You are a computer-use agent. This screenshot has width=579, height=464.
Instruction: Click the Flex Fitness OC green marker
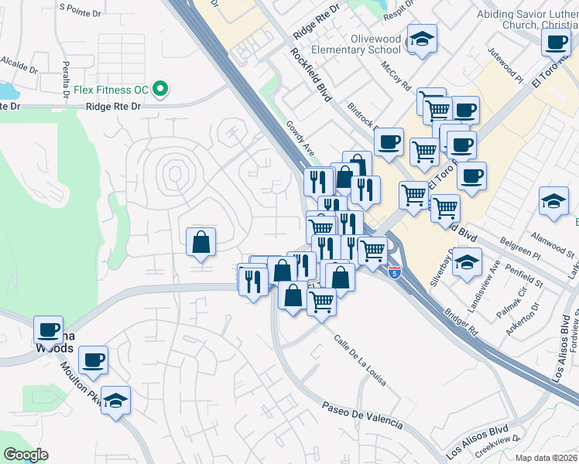coord(161,90)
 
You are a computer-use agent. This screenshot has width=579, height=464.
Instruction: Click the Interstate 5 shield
coord(396,271)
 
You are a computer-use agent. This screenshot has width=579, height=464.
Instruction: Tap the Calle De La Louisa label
coord(360,361)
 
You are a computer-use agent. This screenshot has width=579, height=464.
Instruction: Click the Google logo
coord(25,455)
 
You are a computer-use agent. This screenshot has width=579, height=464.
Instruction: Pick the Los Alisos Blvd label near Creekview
coord(478,440)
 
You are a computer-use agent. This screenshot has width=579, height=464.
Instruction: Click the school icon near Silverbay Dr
coord(467,261)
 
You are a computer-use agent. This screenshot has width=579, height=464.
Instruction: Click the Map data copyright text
coord(546,458)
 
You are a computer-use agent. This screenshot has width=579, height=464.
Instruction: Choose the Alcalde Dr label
coord(19,63)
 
